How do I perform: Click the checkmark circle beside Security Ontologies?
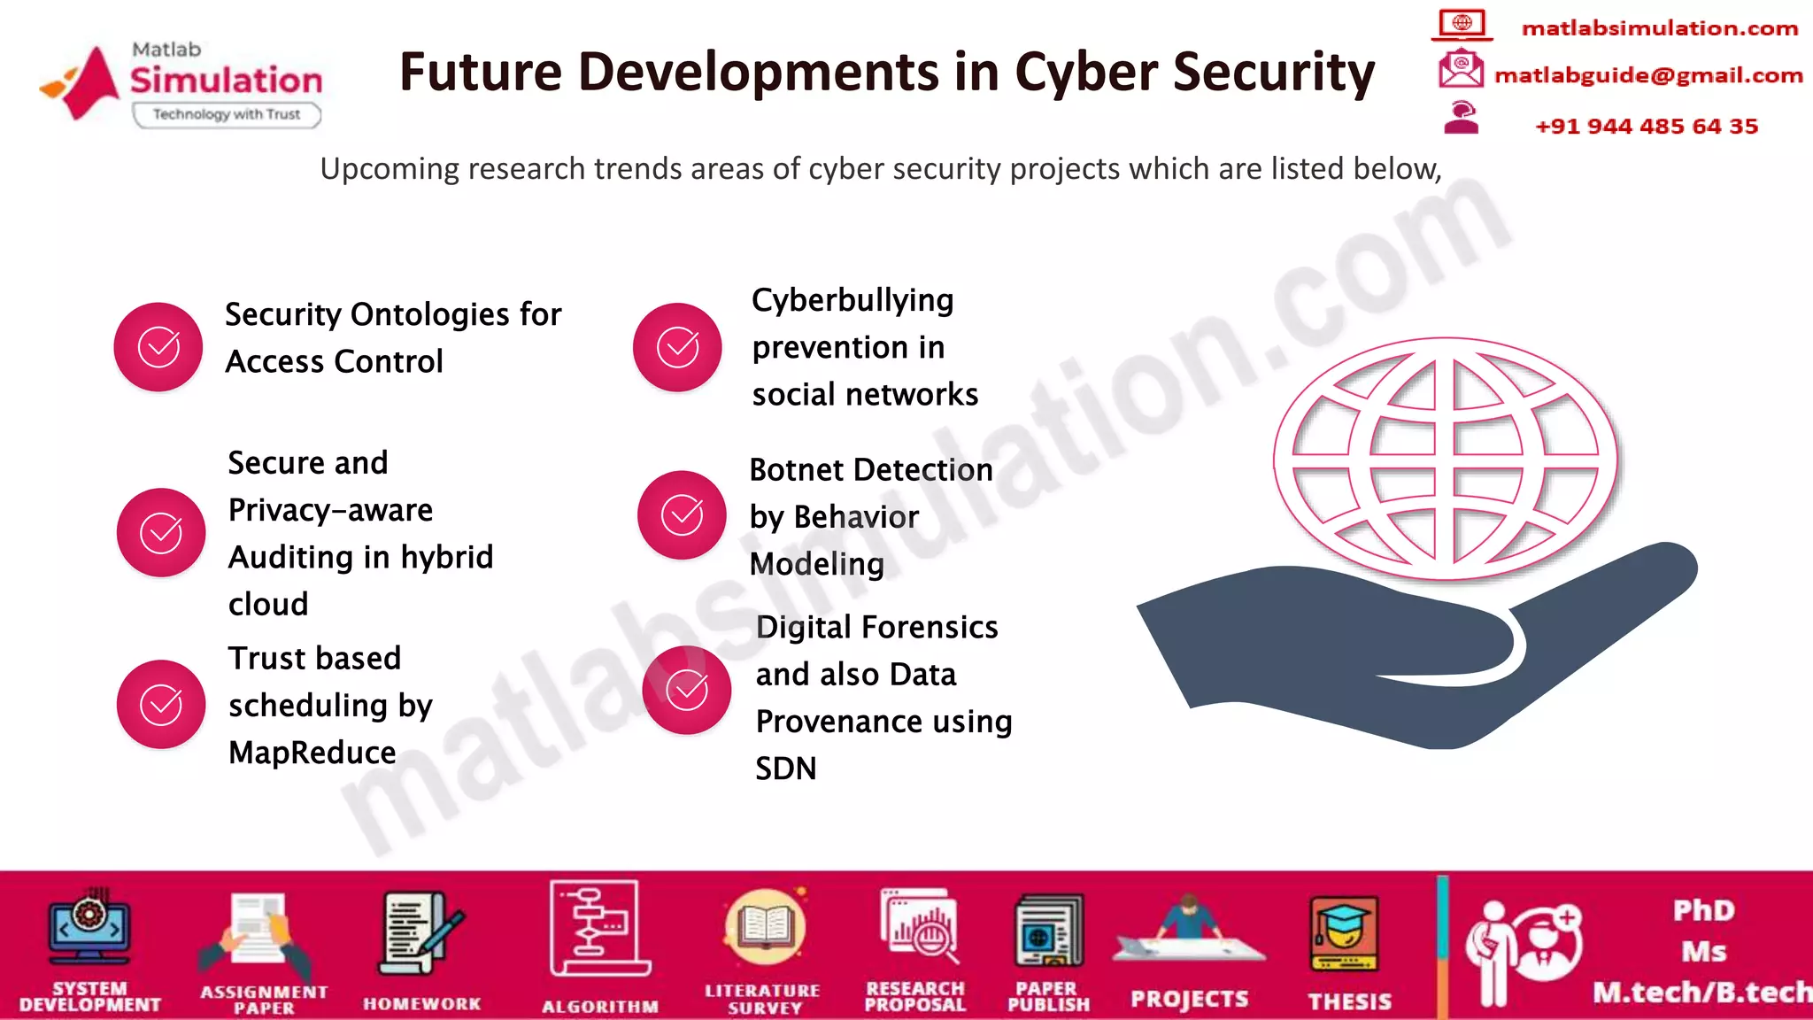[158, 347]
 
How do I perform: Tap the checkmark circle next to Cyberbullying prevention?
[677, 347]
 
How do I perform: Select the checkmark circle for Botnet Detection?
[682, 514]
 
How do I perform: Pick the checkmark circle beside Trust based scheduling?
[161, 705]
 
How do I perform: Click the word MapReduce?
[312, 753]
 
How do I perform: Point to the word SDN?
[786, 769]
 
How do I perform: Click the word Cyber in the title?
[1085, 72]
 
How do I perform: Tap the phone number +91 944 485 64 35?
[1647, 127]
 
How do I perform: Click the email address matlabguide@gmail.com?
[1648, 75]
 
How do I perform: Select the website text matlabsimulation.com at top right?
[1660, 28]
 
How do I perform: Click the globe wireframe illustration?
[1446, 459]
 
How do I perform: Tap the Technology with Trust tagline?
[227, 114]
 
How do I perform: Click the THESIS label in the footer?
[1350, 1001]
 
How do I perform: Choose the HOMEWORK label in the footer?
[422, 1004]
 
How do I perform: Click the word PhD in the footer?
[1703, 910]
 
